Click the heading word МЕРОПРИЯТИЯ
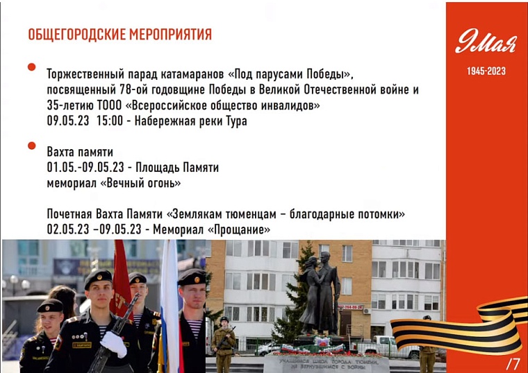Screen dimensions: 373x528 pos(170,35)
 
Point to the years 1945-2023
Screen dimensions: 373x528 pos(486,71)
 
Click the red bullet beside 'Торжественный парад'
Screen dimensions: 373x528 pos(31,67)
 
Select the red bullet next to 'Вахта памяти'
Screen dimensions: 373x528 pos(31,146)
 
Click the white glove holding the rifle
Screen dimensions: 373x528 pos(114,344)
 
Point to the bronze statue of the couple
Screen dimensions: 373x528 pos(320,291)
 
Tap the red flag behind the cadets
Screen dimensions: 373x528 pos(122,284)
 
